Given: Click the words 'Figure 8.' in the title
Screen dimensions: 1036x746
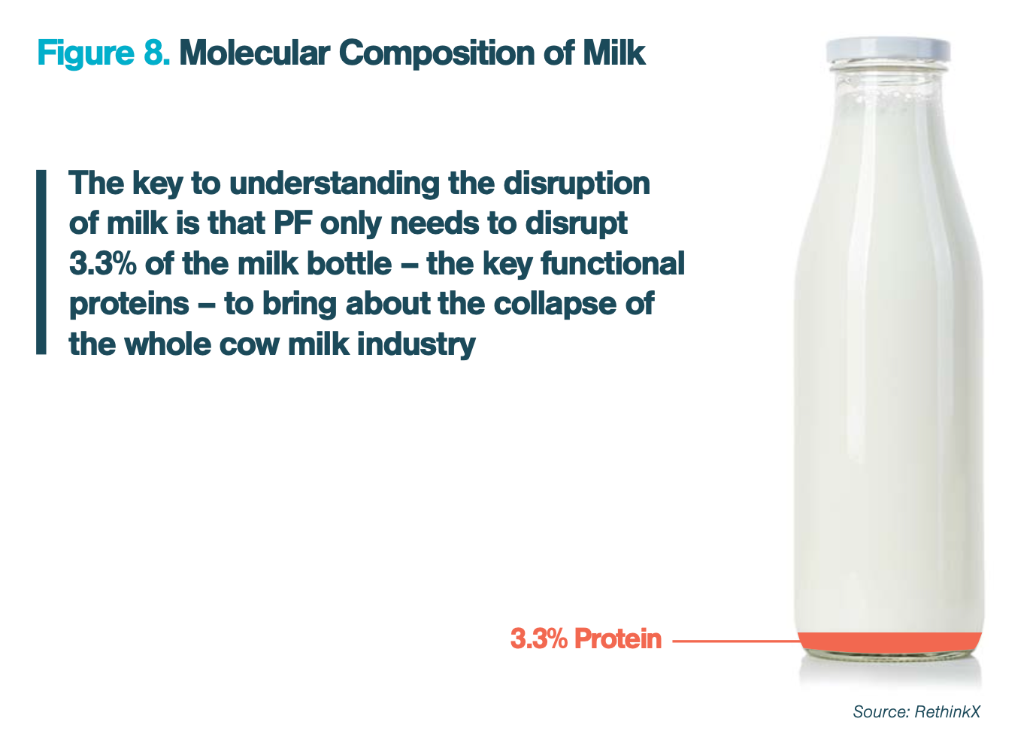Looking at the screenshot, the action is [104, 53].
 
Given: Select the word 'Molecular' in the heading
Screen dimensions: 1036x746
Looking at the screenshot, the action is [255, 53].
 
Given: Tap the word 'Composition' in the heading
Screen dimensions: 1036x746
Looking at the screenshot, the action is [437, 53].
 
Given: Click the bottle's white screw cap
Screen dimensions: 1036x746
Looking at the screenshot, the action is [888, 51].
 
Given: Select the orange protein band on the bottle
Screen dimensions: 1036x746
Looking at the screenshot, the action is [890, 642].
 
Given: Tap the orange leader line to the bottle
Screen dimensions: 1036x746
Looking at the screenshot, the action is [736, 641].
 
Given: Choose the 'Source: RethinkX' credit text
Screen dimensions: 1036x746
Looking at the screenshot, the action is [916, 711].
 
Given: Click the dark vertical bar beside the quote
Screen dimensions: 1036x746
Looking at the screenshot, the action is [41, 262].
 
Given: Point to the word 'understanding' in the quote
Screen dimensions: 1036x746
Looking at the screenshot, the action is [334, 183].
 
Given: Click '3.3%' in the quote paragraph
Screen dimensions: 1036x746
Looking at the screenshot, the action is [103, 264].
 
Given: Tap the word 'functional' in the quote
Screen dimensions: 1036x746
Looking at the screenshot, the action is [612, 264].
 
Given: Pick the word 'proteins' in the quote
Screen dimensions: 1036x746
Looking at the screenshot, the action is [129, 305].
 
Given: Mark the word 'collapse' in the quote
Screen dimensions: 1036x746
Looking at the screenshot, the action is [550, 305].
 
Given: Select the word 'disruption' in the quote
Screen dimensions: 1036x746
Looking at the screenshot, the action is [577, 183].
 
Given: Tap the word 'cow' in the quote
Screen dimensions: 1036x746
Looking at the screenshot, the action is [250, 345].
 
